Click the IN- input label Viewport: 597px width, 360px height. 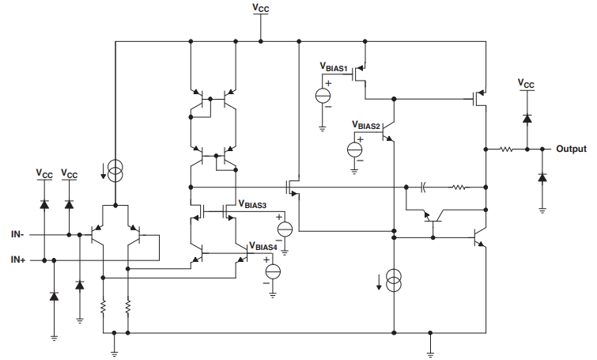click(x=17, y=235)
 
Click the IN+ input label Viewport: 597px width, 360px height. click(x=17, y=260)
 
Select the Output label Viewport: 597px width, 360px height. click(x=571, y=149)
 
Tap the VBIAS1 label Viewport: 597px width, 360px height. click(x=334, y=69)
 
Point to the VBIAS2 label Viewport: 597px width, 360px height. click(x=366, y=125)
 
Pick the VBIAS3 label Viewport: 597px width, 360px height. click(x=255, y=204)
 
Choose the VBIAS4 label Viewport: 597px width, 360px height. click(x=263, y=247)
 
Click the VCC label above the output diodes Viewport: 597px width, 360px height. click(x=526, y=82)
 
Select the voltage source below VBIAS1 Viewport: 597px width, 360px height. click(x=323, y=96)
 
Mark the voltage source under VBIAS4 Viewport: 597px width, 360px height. click(x=273, y=271)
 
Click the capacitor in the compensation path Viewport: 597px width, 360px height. click(x=424, y=188)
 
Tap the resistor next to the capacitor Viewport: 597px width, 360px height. click(x=459, y=188)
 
